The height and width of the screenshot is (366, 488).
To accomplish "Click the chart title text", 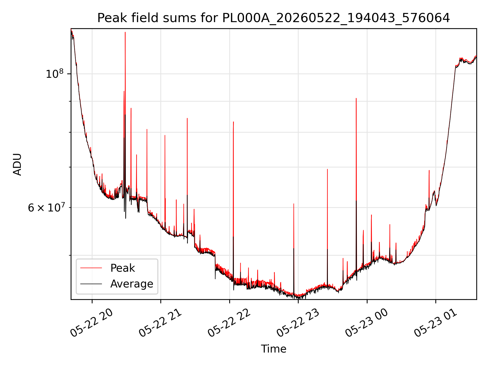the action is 273,18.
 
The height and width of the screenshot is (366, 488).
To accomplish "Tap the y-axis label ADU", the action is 17,164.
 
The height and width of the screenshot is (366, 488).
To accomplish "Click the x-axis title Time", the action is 273,349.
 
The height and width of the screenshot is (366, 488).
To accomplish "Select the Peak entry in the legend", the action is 123,268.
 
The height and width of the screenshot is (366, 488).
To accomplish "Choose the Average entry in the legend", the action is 132,284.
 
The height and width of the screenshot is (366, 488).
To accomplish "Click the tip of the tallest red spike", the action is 125,32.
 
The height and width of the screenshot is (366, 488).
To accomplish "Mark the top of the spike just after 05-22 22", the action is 233,122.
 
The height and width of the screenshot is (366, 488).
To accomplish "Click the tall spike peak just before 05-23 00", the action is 356,98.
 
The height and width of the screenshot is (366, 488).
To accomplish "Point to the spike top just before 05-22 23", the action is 294,204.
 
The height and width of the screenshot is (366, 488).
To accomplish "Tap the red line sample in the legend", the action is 91,268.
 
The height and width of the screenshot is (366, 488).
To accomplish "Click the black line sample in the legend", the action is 91,284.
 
